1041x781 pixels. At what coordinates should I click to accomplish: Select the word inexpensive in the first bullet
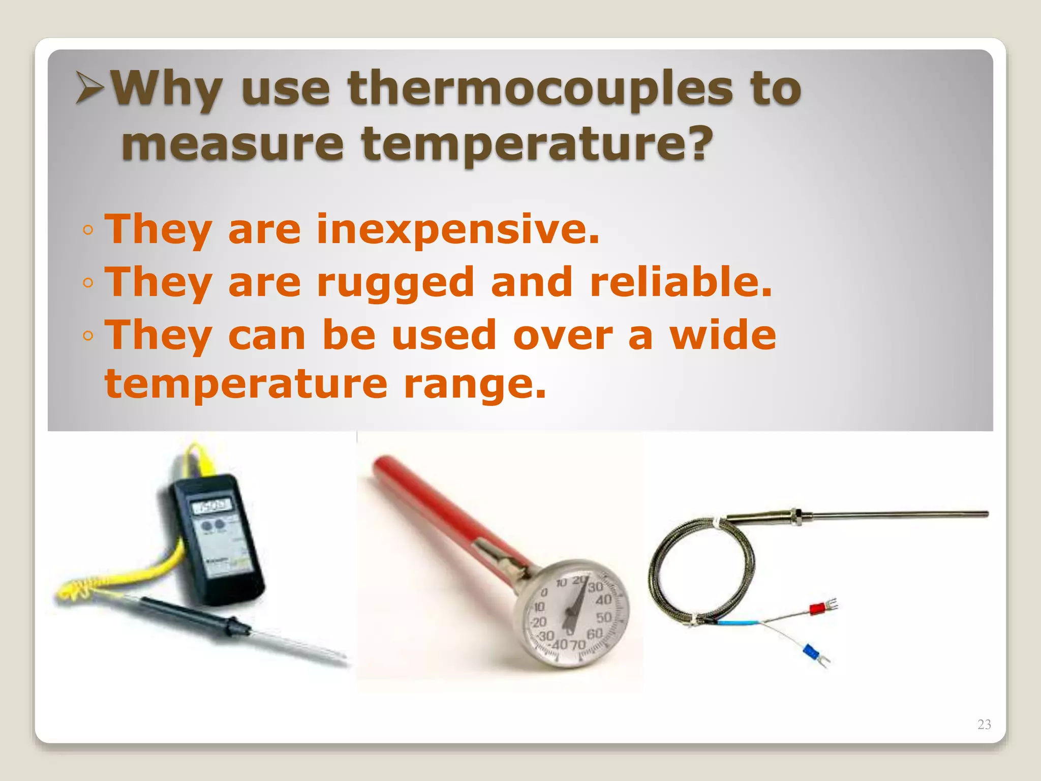click(457, 229)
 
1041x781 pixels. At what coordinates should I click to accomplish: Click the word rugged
click(395, 283)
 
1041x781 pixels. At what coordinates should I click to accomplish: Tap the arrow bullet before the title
click(90, 87)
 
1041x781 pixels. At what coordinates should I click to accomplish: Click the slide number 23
click(984, 724)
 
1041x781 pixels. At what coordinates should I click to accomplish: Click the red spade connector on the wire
click(817, 608)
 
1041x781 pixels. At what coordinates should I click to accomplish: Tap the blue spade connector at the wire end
click(811, 651)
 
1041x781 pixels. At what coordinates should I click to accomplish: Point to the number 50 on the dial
click(604, 618)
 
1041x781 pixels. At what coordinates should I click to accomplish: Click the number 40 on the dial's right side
click(603, 600)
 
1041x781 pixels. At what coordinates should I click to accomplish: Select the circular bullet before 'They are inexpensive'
click(88, 230)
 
